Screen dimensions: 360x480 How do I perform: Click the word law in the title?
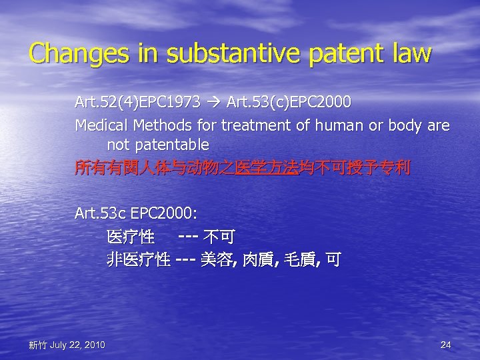(x=406, y=54)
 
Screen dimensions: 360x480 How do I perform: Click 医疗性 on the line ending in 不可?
(x=131, y=237)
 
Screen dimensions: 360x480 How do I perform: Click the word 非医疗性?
(x=139, y=259)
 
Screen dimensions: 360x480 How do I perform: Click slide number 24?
(x=446, y=345)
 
